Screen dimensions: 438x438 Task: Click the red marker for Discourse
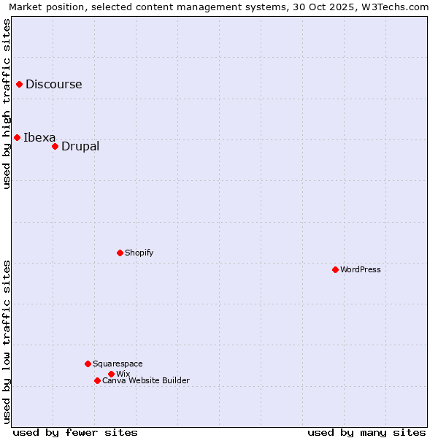click(x=19, y=84)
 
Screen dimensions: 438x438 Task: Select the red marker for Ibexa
click(x=17, y=137)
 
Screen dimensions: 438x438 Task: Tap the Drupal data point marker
click(x=55, y=146)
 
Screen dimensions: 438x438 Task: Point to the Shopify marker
click(x=120, y=253)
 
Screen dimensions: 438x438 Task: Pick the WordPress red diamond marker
click(x=335, y=269)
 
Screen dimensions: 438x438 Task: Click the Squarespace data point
click(x=88, y=364)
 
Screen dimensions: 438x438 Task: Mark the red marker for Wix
click(x=111, y=374)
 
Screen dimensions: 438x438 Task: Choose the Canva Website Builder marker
click(x=97, y=380)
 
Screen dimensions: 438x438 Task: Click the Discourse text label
click(x=54, y=84)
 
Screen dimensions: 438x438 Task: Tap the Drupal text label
click(x=80, y=146)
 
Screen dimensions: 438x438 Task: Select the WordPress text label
click(x=361, y=269)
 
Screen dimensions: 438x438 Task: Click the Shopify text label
click(x=139, y=253)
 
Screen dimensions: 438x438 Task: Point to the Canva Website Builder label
click(x=146, y=380)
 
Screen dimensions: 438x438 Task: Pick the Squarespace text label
click(x=118, y=364)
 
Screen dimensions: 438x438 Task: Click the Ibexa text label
click(x=39, y=137)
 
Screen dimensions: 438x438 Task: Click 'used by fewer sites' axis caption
click(x=75, y=432)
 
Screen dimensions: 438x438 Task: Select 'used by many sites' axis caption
click(x=366, y=432)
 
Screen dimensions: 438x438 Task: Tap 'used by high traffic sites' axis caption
click(x=7, y=104)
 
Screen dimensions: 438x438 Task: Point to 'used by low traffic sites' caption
click(x=7, y=341)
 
